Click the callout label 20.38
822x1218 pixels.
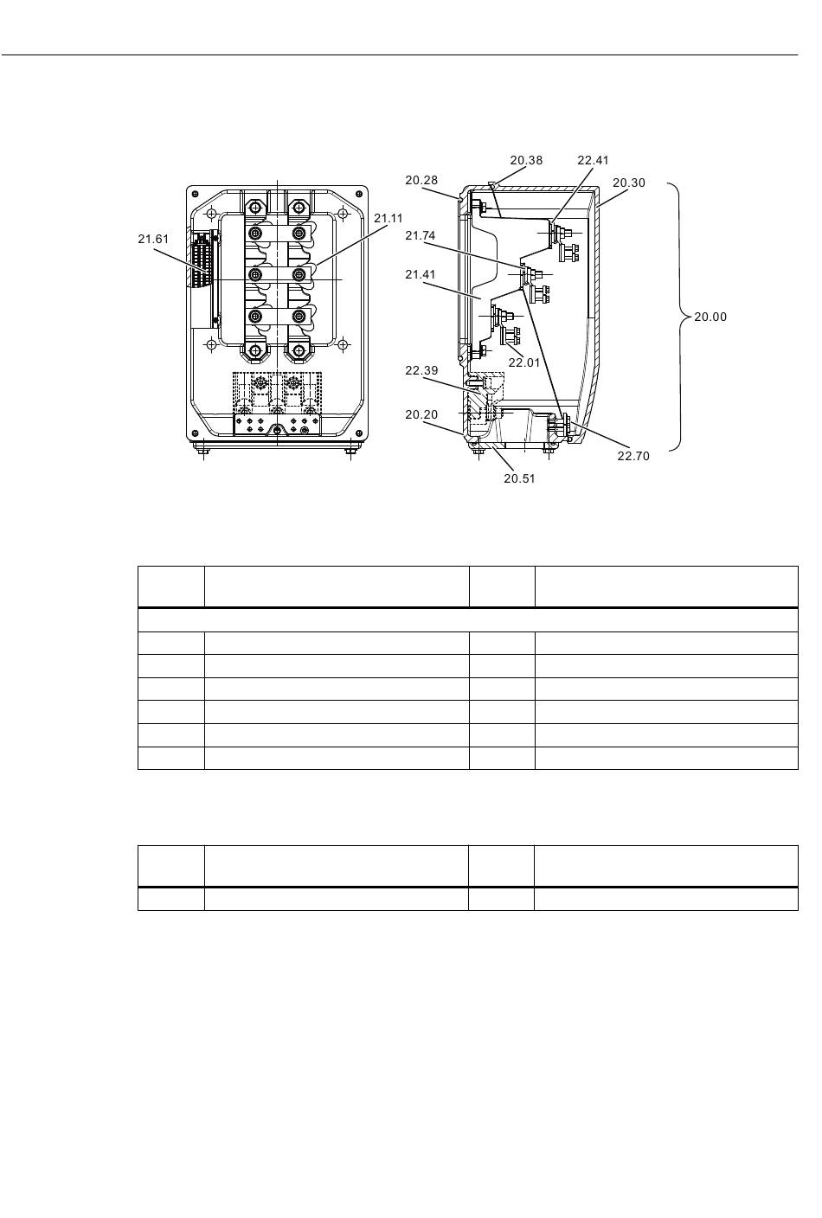click(526, 160)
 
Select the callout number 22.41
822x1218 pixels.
click(593, 160)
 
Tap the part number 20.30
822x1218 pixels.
click(629, 183)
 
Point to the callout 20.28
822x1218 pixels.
click(421, 181)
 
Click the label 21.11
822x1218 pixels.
click(388, 219)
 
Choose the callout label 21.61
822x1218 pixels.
click(153, 240)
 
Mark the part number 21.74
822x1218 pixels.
click(420, 236)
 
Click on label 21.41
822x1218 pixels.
click(420, 275)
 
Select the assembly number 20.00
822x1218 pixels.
click(710, 317)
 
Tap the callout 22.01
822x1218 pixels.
click(523, 362)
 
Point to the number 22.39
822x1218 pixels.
click(421, 371)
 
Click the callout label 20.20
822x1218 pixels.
click(421, 415)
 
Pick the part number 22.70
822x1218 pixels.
click(633, 456)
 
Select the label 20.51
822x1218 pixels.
click(519, 479)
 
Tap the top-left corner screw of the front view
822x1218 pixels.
click(196, 194)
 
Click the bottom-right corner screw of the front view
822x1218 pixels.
click(358, 433)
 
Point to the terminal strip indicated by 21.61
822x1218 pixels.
click(202, 261)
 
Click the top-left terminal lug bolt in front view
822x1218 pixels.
click(255, 207)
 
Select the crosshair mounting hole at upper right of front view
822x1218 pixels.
click(343, 213)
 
